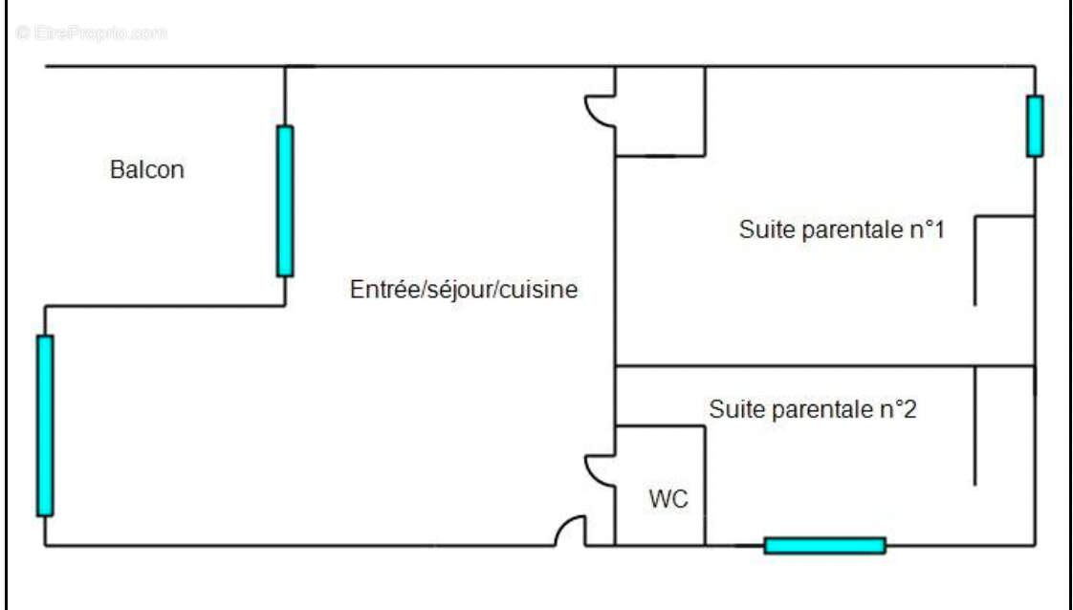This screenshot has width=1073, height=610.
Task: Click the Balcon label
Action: [x=147, y=171]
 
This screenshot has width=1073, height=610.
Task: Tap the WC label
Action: [x=668, y=499]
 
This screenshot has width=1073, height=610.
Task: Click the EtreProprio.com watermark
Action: [x=91, y=33]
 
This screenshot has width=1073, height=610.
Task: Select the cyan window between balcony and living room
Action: [x=285, y=201]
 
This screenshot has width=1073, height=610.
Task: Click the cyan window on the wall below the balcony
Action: [x=45, y=425]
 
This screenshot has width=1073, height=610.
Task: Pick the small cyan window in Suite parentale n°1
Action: [x=1035, y=125]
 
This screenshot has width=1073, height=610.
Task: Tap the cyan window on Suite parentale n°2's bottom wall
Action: [x=824, y=546]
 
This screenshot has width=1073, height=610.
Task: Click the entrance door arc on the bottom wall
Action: [x=571, y=532]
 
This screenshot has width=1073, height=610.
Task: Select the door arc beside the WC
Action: [x=600, y=468]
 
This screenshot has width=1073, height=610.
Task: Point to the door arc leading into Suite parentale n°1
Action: [x=600, y=109]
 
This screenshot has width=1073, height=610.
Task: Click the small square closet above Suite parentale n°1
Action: [x=660, y=110]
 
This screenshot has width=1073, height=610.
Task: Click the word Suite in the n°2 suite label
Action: [x=735, y=410]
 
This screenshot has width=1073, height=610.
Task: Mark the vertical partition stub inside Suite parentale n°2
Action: [x=974, y=425]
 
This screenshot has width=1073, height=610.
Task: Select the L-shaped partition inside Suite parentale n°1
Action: [x=975, y=258]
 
